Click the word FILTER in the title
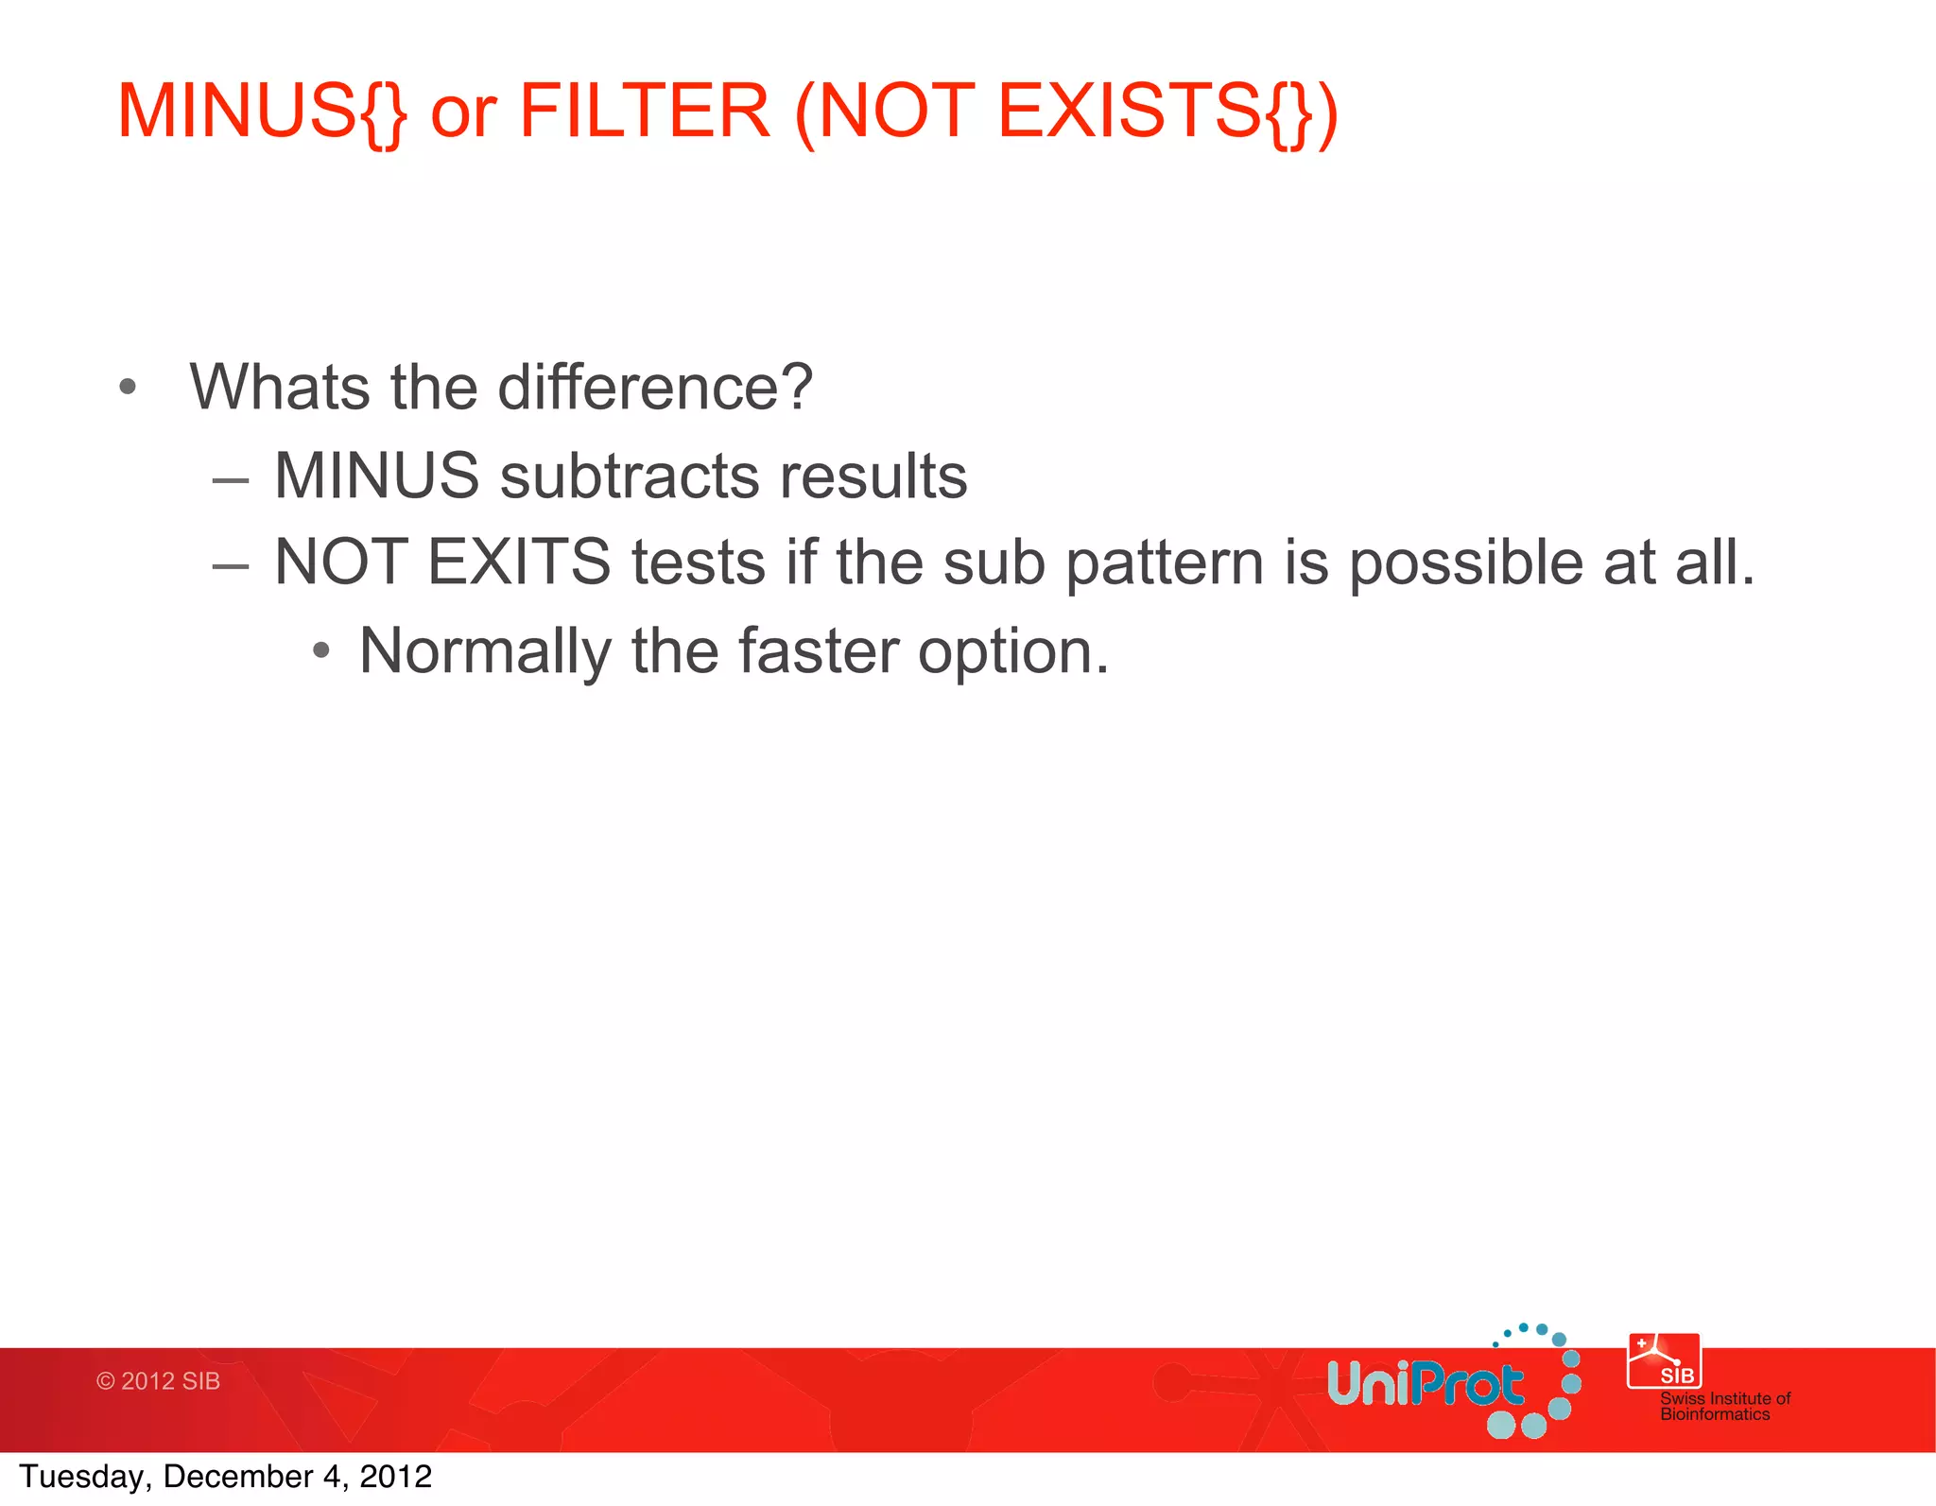[x=645, y=112]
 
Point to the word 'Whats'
[x=280, y=388]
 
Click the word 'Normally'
[x=486, y=652]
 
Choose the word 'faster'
[x=818, y=652]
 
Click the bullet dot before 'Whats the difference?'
[x=129, y=387]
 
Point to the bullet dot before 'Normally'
[x=321, y=650]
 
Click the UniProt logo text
[x=1425, y=1384]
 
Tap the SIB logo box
[x=1664, y=1361]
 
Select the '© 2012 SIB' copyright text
[x=159, y=1381]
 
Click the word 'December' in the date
[x=238, y=1477]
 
